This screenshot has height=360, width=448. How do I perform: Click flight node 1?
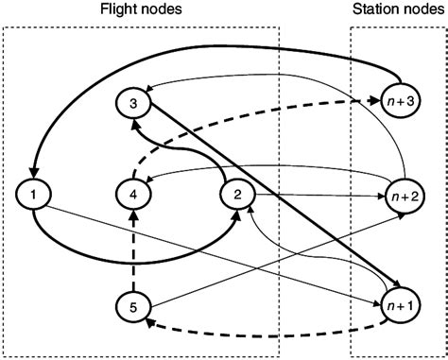tap(34, 196)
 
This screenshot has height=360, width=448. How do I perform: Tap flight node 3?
tap(134, 101)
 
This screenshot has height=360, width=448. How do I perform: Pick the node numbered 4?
tap(134, 196)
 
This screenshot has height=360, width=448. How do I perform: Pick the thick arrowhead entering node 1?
tap(35, 174)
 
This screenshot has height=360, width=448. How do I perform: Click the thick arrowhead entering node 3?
tap(139, 123)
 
